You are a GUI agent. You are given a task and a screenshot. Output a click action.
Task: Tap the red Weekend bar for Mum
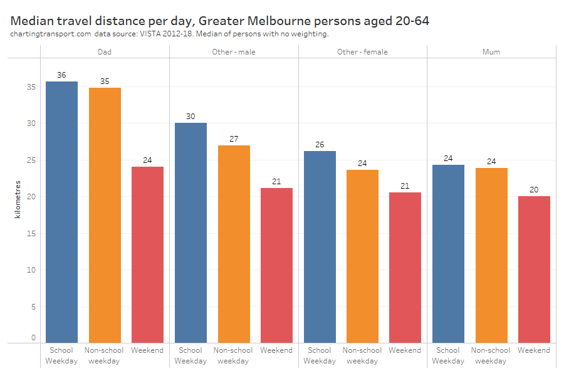tap(534, 269)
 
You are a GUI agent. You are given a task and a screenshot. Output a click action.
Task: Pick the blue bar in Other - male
tap(191, 232)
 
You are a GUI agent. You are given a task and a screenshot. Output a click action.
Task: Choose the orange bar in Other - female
tap(362, 256)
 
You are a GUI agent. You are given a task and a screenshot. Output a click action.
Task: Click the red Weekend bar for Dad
tap(147, 254)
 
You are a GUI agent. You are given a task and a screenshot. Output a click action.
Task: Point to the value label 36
tap(61, 75)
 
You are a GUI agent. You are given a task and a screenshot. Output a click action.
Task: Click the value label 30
tap(191, 117)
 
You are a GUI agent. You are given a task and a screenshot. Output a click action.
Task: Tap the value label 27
tap(234, 138)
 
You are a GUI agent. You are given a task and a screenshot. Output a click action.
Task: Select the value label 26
tap(320, 145)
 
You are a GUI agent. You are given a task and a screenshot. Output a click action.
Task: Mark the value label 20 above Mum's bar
tap(534, 190)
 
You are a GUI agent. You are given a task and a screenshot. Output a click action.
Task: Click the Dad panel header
tap(105, 52)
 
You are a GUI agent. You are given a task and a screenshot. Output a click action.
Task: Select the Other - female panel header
tap(362, 52)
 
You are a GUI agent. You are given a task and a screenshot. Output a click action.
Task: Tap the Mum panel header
tap(491, 52)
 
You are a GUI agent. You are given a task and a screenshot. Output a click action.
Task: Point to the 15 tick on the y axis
tap(33, 234)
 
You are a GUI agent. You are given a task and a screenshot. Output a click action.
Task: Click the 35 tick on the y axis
tap(33, 87)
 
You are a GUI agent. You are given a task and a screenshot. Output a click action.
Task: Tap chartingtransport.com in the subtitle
tap(51, 34)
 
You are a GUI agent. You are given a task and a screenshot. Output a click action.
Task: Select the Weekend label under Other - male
tap(276, 350)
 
